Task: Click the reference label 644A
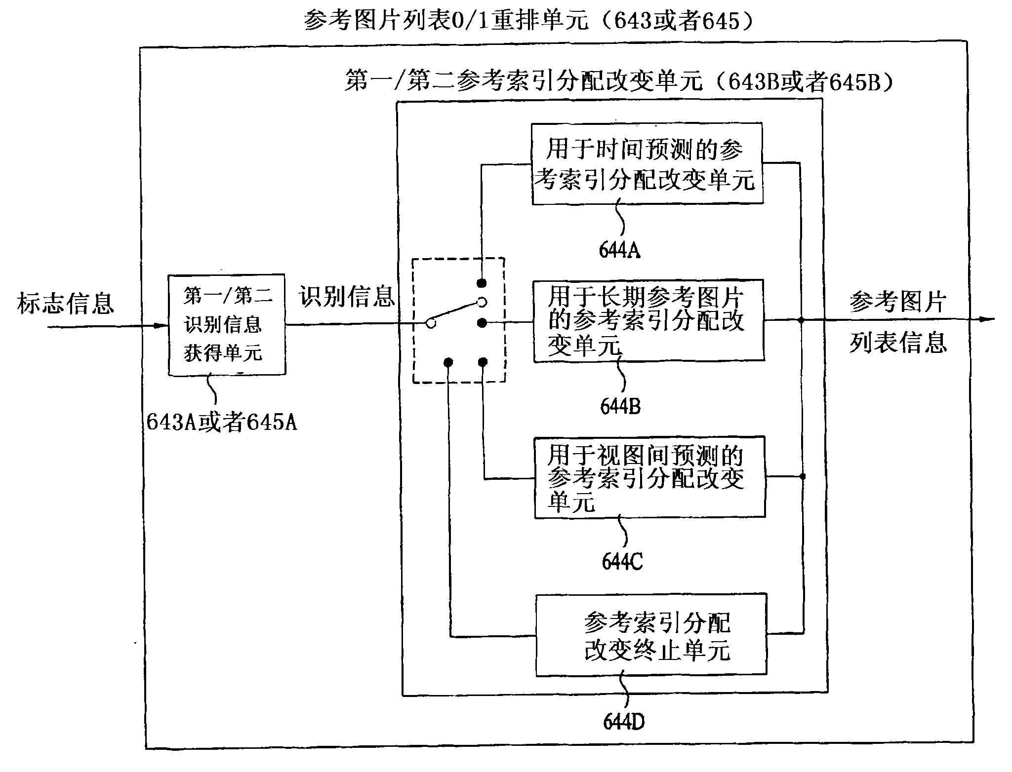(x=619, y=250)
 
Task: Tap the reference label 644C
(x=622, y=562)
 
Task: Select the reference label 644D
(x=623, y=722)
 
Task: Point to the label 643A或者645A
(x=222, y=422)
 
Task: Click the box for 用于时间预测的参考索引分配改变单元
(x=647, y=163)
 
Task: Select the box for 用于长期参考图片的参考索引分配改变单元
(x=648, y=320)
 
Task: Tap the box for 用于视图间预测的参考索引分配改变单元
(x=649, y=477)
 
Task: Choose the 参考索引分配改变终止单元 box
(x=651, y=634)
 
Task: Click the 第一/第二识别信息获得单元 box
(x=227, y=325)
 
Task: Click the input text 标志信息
(x=65, y=303)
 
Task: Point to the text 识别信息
(x=347, y=297)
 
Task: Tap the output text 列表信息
(x=898, y=342)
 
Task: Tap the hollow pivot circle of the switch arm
(x=431, y=324)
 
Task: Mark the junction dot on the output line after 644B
(x=801, y=320)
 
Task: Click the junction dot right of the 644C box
(x=802, y=476)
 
